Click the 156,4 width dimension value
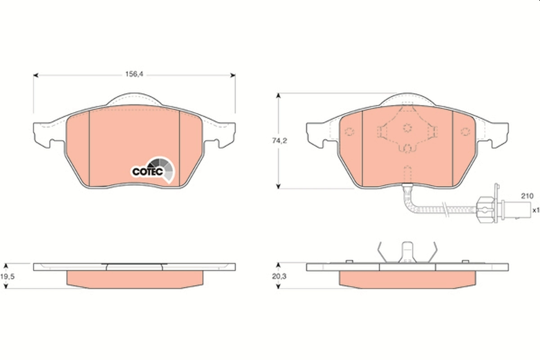pyautogui.click(x=134, y=75)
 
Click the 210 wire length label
pyautogui.click(x=527, y=196)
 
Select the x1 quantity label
pyautogui.click(x=535, y=210)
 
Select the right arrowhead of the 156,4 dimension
pyautogui.click(x=233, y=75)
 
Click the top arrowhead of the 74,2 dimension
pyautogui.click(x=279, y=96)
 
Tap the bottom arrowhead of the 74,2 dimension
pyautogui.click(x=279, y=186)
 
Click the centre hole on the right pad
pyautogui.click(x=407, y=128)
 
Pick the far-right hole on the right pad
pyautogui.click(x=465, y=131)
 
